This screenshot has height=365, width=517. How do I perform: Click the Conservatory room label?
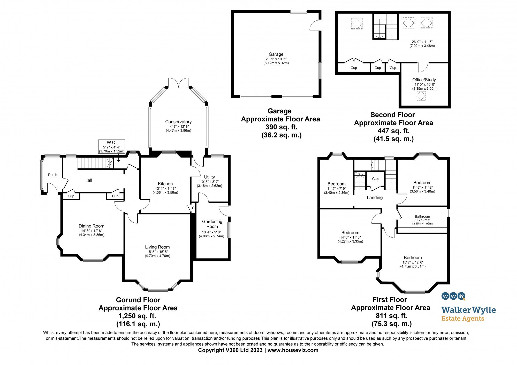pos(178,122)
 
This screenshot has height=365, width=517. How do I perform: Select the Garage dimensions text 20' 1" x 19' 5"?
pos(276,59)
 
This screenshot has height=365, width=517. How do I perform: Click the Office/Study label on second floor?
pos(424,80)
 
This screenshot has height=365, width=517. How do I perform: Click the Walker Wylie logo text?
pos(468,310)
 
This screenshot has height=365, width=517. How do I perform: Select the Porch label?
pos(52,175)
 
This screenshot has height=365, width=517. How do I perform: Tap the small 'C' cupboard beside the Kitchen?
pos(193,208)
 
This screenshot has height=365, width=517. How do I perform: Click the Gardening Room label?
pos(212,224)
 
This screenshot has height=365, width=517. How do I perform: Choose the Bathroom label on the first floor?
pos(422,216)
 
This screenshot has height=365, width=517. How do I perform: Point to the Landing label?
pos(375,198)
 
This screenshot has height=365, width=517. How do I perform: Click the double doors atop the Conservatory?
pos(178,82)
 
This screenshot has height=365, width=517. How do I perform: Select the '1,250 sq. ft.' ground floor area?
pos(137,316)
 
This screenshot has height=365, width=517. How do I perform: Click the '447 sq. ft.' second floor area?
pos(393,131)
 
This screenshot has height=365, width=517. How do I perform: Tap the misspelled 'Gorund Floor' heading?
pos(138,300)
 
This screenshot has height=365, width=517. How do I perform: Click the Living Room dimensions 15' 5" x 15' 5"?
pos(157,252)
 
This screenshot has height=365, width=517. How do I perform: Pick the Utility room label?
pos(209,177)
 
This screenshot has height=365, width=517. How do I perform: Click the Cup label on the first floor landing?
pos(375,179)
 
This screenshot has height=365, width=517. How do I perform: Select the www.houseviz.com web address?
pos(293,350)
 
